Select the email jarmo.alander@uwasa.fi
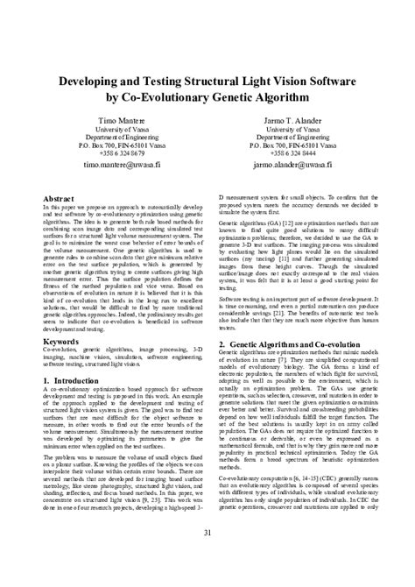(x=298, y=164)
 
